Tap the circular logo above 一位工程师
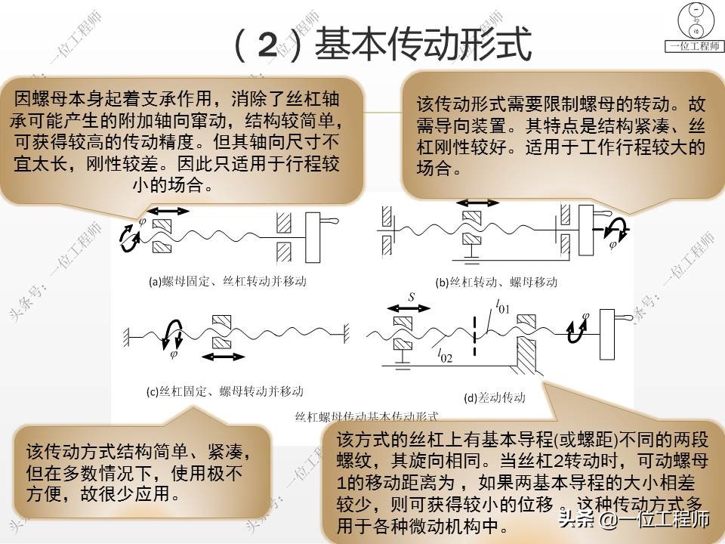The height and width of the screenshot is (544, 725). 694,20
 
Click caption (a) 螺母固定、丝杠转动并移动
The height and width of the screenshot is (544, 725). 227,281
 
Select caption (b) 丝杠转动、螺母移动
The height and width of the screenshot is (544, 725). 497,283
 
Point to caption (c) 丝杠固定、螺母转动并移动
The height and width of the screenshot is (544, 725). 225,391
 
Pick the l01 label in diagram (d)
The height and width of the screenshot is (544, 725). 502,308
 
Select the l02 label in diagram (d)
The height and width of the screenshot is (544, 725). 443,355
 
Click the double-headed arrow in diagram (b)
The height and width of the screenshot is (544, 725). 479,202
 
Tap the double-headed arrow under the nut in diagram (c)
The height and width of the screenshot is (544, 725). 224,356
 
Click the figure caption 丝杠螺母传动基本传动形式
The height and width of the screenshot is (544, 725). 366,416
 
